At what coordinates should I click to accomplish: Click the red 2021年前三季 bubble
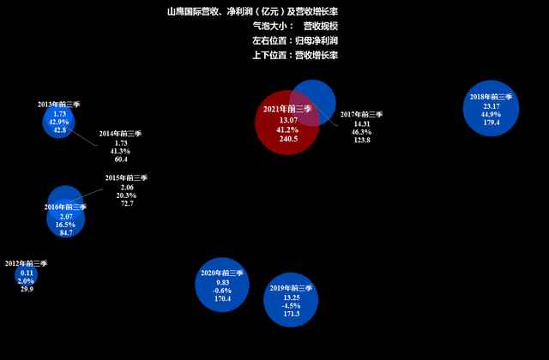(x=287, y=123)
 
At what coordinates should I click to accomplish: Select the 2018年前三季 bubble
(x=491, y=108)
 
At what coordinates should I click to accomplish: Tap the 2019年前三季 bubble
(x=291, y=300)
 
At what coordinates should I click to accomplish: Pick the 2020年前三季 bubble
(x=222, y=285)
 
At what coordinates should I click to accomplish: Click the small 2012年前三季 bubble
(x=27, y=275)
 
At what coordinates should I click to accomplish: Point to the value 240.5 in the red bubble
(x=288, y=139)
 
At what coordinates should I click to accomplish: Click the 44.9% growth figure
(x=491, y=114)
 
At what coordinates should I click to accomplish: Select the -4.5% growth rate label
(x=291, y=306)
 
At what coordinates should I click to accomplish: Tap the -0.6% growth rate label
(x=222, y=291)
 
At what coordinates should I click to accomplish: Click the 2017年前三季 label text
(x=361, y=114)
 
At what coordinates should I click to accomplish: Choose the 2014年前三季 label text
(x=120, y=134)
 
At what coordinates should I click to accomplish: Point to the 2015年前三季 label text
(x=126, y=177)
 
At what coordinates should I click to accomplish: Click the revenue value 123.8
(x=362, y=140)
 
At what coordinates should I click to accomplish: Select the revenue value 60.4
(x=121, y=159)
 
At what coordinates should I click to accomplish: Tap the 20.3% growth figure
(x=126, y=195)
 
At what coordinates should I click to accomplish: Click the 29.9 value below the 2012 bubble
(x=27, y=289)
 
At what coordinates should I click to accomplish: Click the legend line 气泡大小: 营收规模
(x=295, y=27)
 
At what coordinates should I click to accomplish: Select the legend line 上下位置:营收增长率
(x=295, y=55)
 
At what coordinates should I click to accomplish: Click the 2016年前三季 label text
(x=65, y=207)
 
